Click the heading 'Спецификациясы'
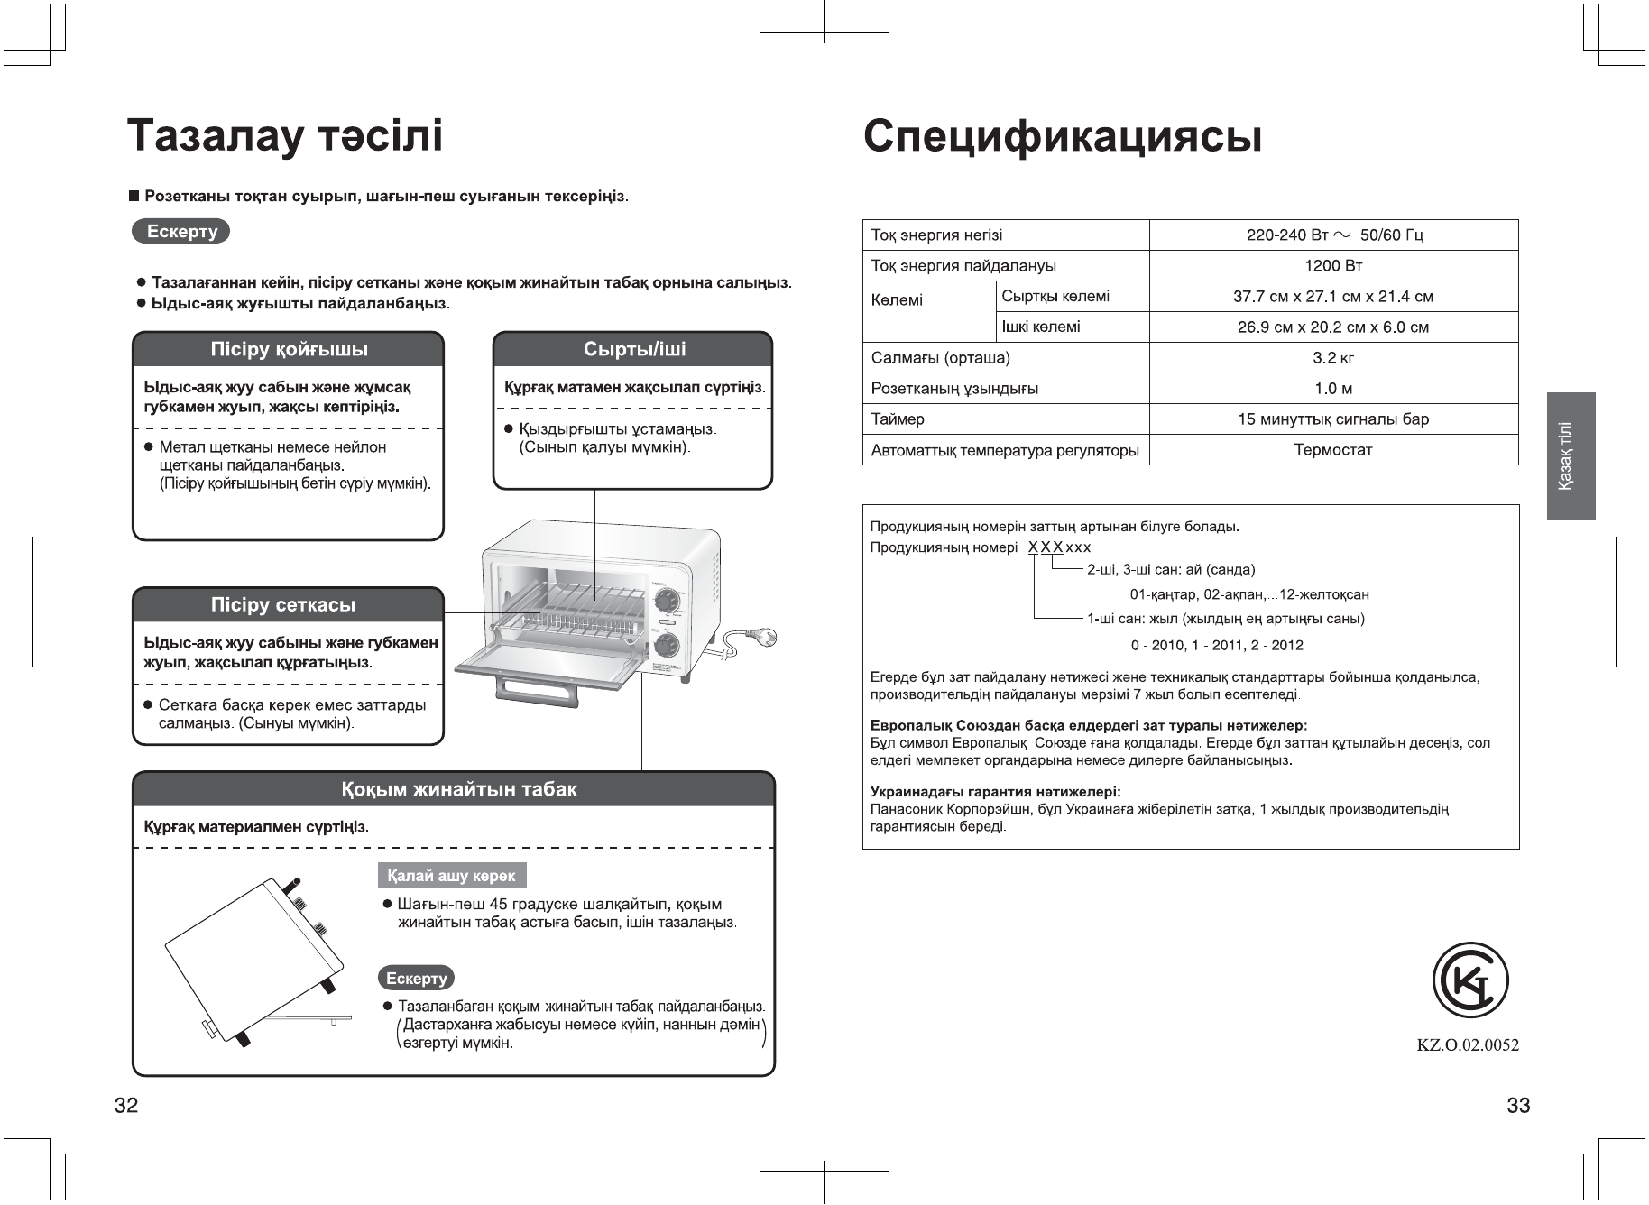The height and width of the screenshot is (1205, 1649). click(1062, 137)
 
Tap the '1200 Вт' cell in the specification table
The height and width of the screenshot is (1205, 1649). click(1333, 266)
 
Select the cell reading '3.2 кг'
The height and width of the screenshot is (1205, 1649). click(1333, 358)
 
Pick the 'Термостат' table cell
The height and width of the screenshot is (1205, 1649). click(1333, 450)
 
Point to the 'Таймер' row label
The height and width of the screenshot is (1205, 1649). click(898, 419)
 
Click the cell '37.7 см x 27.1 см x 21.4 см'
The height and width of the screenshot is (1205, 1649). click(1333, 297)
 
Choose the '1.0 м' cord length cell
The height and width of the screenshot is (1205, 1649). click(1333, 389)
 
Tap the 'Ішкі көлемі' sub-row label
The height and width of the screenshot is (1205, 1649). click(1041, 327)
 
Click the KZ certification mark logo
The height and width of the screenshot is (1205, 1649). click(1470, 981)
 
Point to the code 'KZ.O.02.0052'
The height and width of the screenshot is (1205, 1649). click(1468, 1045)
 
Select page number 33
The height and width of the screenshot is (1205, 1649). click(1518, 1106)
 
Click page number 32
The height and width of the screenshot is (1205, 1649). click(126, 1106)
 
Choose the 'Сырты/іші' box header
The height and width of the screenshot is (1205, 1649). click(632, 349)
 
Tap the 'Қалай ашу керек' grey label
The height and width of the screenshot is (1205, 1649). click(451, 876)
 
